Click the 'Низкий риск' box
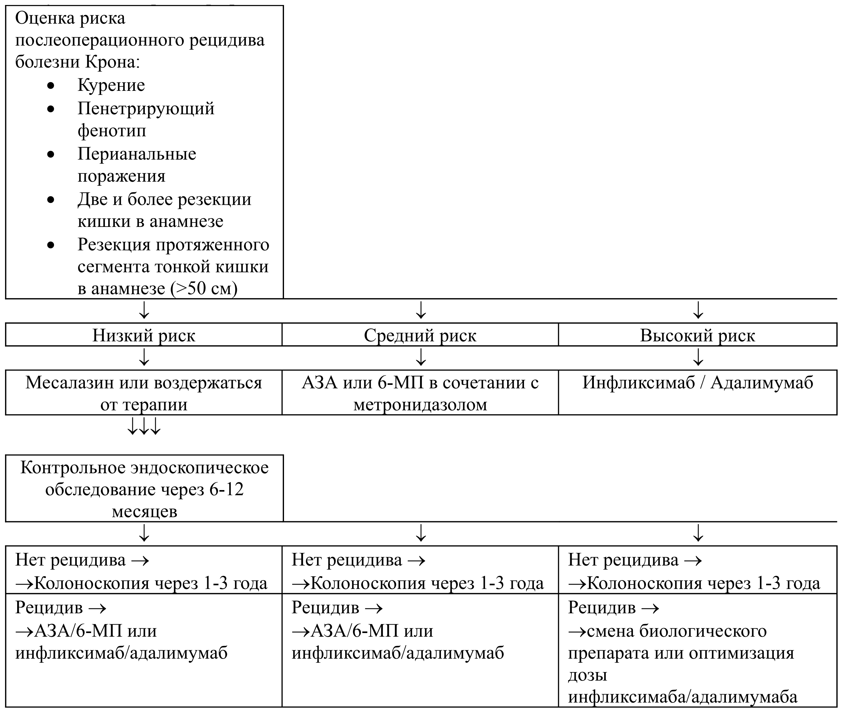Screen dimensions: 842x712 pos(144,335)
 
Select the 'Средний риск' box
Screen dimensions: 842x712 pos(420,335)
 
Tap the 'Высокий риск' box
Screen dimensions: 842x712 pos(698,335)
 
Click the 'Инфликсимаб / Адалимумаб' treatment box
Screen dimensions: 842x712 pos(698,392)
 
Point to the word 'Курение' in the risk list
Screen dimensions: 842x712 pos(111,85)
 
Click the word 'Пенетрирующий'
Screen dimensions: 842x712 pos(146,109)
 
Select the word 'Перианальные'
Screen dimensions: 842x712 pos(137,154)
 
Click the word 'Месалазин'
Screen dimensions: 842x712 pos(70,383)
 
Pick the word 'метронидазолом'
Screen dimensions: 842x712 pos(420,405)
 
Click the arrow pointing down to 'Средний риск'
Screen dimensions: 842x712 pos(421,310)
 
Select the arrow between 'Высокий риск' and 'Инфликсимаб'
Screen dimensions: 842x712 pos(698,357)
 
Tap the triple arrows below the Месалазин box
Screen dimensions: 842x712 pos(144,426)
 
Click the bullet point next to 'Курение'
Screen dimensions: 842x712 pos(51,86)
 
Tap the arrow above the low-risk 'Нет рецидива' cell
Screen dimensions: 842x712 pos(144,533)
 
